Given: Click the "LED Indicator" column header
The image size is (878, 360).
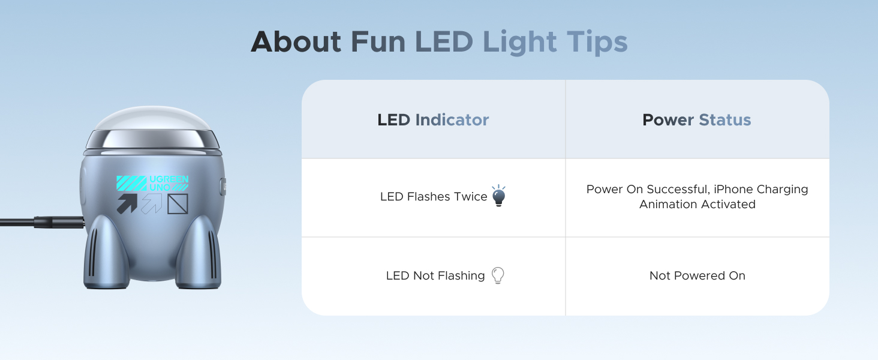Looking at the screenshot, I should [433, 120].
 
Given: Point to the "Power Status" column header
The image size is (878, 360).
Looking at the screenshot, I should [696, 120].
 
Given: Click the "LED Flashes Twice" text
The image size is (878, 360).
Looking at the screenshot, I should [434, 197].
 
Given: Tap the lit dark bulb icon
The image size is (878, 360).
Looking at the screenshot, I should [498, 196].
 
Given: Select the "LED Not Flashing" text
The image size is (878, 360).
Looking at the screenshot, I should [435, 276].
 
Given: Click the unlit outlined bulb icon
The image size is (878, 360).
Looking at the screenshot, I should [498, 275].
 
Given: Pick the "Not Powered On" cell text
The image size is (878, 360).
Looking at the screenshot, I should [697, 276].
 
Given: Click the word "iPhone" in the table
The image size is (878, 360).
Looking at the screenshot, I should [733, 190].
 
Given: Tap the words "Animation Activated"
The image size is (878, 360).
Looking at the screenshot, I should [697, 205].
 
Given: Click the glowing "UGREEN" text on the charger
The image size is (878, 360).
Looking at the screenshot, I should [169, 179].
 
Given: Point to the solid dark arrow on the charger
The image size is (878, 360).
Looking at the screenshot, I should [127, 203].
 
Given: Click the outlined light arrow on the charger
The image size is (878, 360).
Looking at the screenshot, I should [152, 203].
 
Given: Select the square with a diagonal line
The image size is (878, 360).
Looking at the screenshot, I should [178, 203].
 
